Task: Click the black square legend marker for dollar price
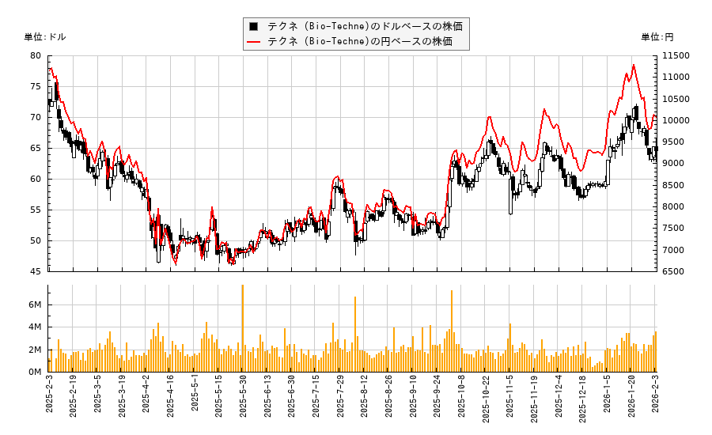(253, 26)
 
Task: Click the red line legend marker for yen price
(253, 41)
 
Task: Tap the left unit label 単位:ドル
(45, 37)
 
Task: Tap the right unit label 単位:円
(657, 37)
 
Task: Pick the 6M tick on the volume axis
(35, 305)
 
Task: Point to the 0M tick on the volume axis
(35, 373)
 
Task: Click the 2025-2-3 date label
(49, 399)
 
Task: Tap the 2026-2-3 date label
(656, 399)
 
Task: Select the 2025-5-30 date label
(243, 399)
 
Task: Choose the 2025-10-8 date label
(462, 399)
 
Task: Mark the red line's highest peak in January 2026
(634, 65)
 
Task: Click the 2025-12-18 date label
(583, 399)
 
